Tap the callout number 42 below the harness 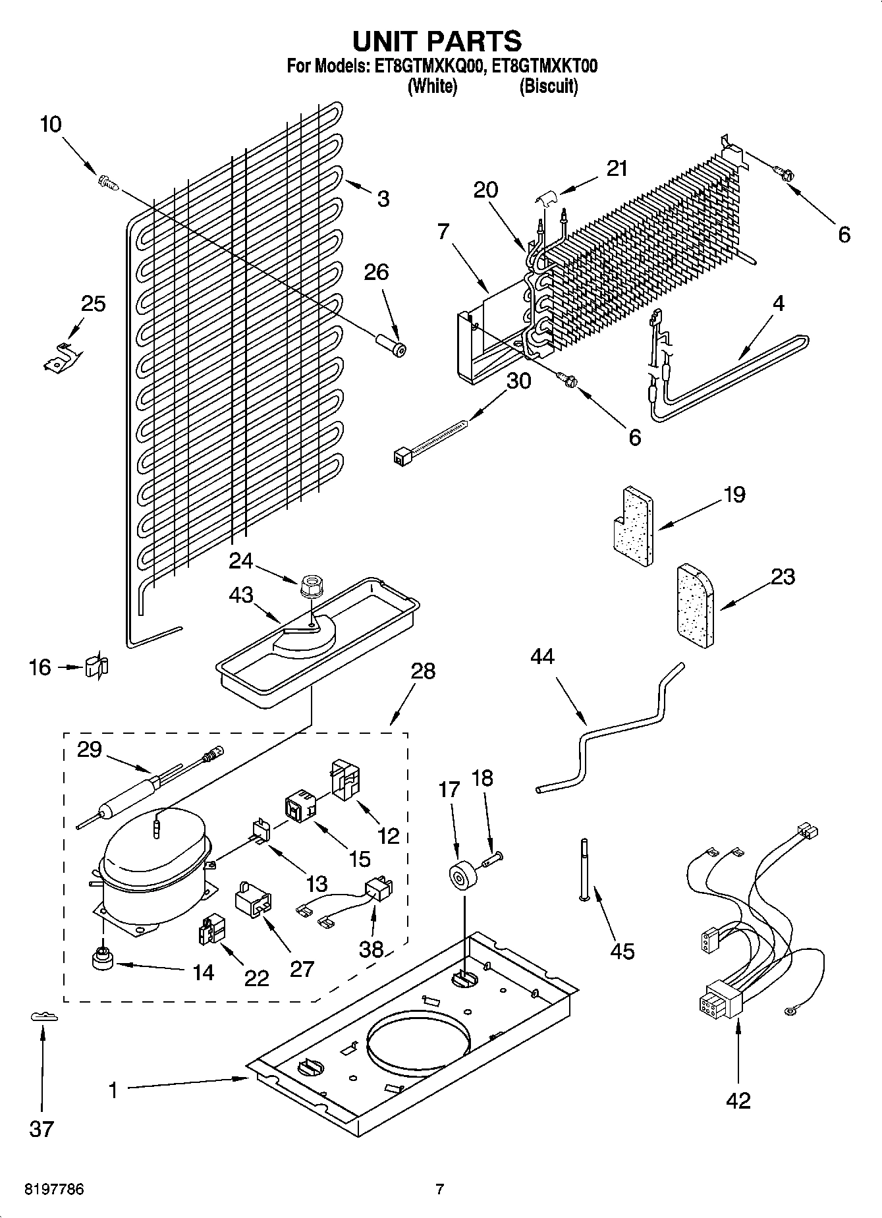(x=738, y=1101)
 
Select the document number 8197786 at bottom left (x=54, y=1190)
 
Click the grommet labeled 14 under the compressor (x=102, y=960)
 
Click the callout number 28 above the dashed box (x=423, y=671)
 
